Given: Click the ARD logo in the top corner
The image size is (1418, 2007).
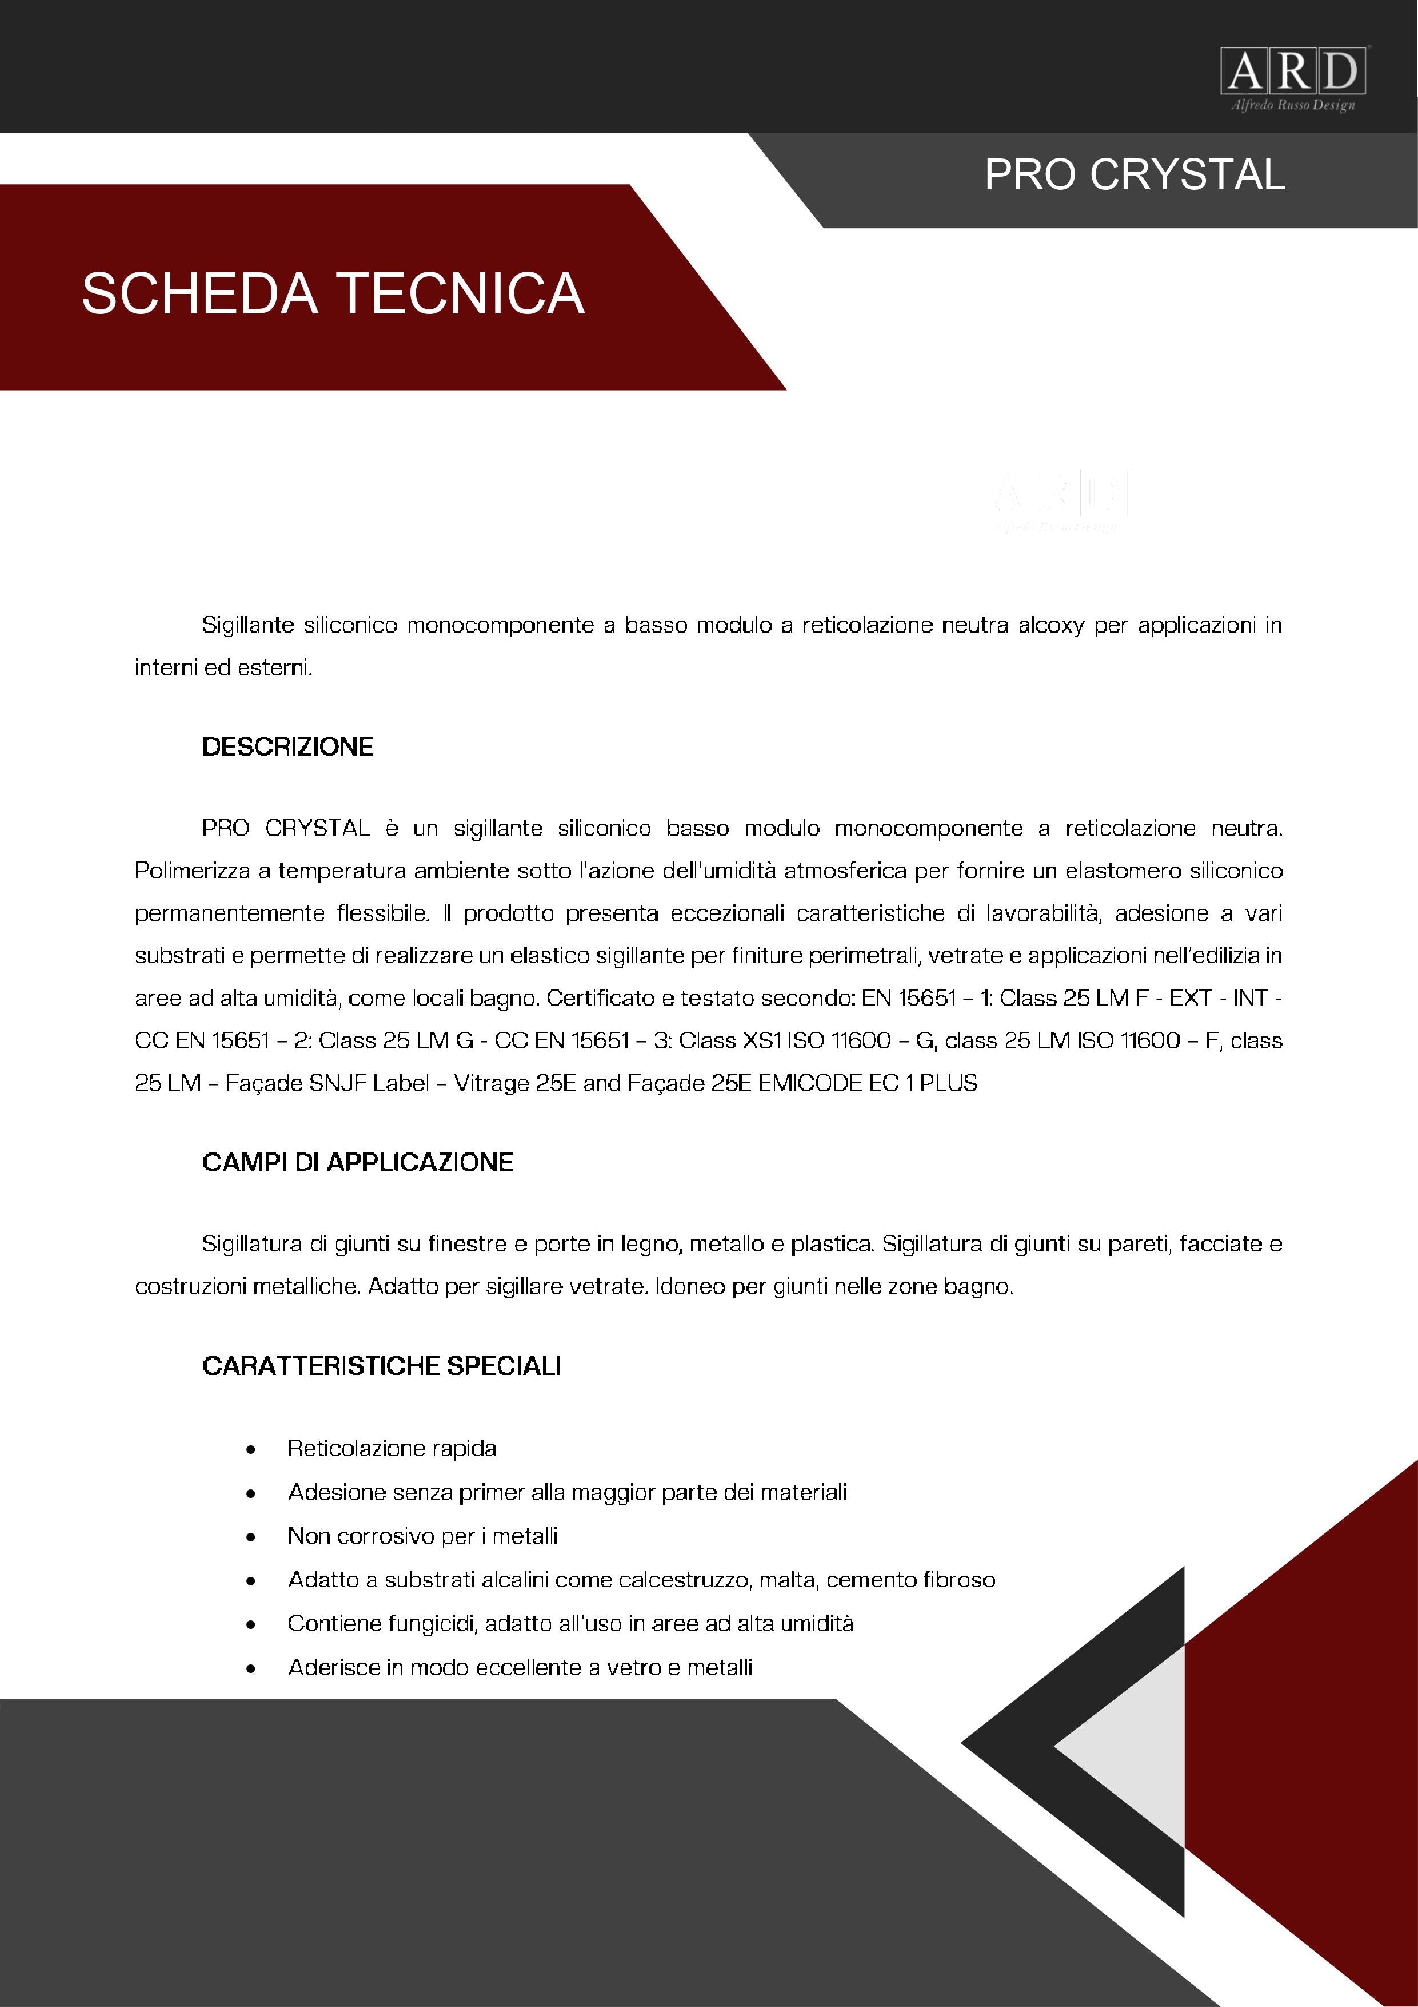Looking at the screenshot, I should (1293, 71).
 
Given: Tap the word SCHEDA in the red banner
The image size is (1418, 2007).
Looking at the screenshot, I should (199, 294).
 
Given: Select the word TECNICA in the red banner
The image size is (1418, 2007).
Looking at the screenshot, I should (461, 294).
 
